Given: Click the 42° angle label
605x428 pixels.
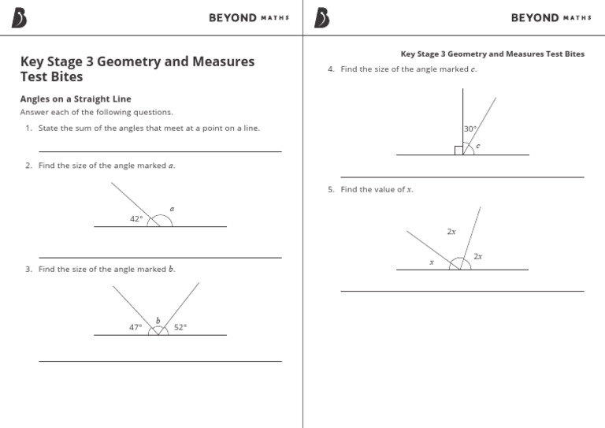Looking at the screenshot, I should [136, 219].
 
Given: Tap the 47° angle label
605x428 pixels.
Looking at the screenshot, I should [135, 327].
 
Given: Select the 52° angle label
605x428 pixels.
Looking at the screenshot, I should [180, 327].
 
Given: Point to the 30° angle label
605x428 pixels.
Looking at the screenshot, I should [470, 128].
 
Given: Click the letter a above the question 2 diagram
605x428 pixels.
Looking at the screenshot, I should [172, 209].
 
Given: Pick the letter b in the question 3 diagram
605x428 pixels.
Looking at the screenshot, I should [158, 320].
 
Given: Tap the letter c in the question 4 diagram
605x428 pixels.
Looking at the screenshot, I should [478, 146].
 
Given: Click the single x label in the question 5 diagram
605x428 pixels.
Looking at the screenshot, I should [432, 262].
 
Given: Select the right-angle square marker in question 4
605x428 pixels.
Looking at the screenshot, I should [458, 151].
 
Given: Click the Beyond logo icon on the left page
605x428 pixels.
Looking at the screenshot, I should [20, 18].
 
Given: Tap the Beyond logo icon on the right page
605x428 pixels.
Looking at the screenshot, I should [322, 18].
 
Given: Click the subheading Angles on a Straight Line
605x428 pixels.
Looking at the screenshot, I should [75, 99].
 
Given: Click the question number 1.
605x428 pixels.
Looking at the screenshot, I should [28, 128].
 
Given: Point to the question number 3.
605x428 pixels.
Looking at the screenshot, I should [28, 270].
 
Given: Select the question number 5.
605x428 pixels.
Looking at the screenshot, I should [331, 190].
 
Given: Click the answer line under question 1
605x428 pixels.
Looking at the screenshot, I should [160, 151].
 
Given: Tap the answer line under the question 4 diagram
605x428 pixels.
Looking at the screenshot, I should [462, 177].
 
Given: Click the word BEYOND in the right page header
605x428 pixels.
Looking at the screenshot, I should [535, 18].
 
